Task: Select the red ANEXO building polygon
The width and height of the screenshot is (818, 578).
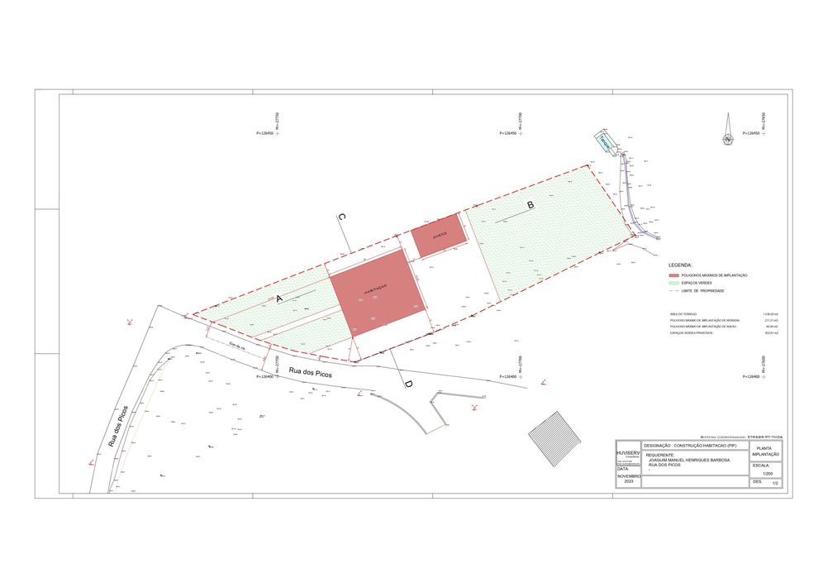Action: coord(439,236)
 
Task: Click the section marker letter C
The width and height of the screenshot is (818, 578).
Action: coord(341,217)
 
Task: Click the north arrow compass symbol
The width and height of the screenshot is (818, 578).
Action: coord(727,131)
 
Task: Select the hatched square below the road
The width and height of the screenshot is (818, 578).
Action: coord(554,428)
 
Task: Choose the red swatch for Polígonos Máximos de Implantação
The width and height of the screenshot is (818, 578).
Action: coord(673,275)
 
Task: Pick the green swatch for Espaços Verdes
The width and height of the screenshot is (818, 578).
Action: coord(673,283)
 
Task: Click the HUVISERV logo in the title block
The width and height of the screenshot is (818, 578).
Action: coord(628,455)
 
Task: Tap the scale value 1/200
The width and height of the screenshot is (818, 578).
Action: coord(767,474)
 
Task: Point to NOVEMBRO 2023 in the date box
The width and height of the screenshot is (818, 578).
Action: coord(629,479)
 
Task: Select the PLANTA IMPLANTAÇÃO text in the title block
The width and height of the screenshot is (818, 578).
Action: coord(765,451)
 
